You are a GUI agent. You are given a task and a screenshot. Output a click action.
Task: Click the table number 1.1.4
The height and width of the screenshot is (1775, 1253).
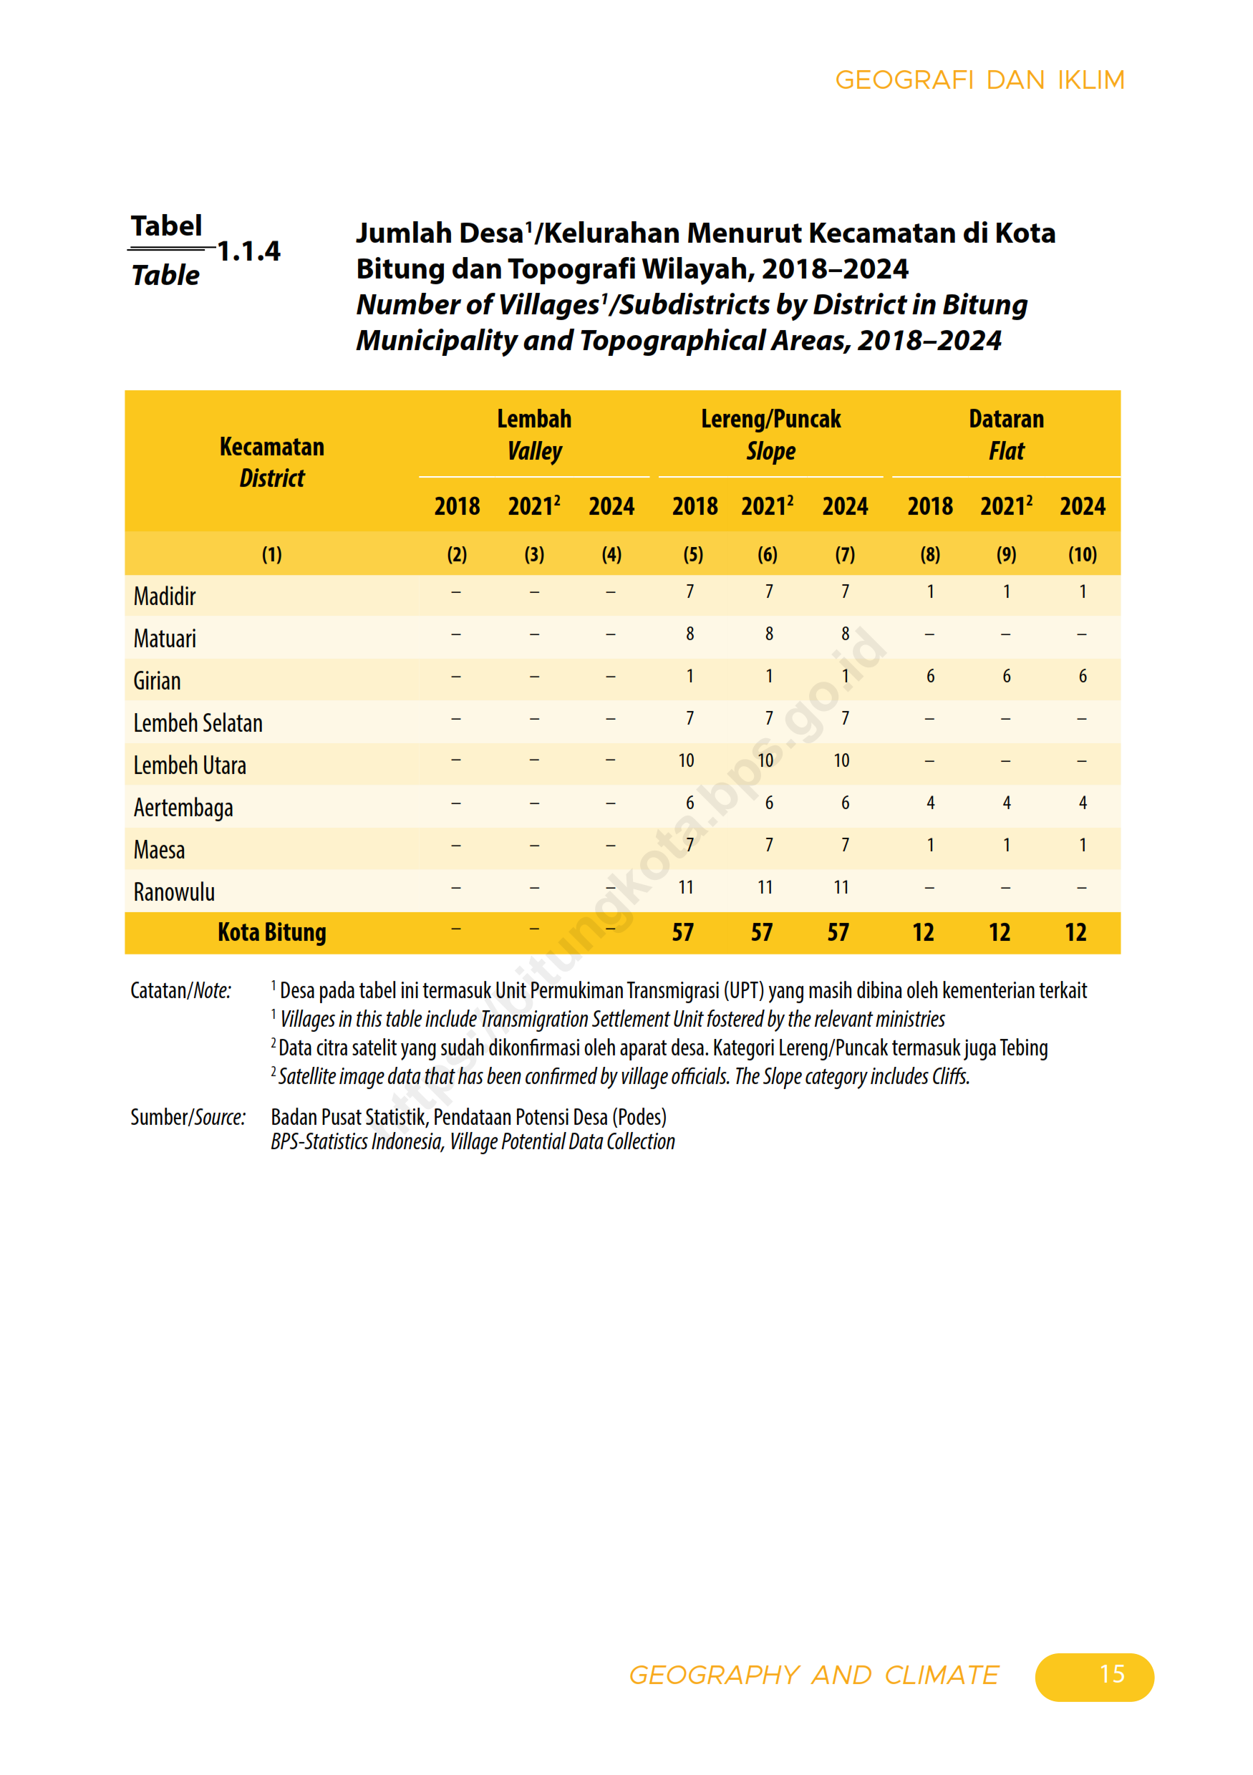tap(248, 251)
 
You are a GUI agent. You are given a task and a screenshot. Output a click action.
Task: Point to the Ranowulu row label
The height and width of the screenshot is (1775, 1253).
tap(174, 892)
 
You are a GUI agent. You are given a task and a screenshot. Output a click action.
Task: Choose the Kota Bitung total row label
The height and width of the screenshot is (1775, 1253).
tap(271, 932)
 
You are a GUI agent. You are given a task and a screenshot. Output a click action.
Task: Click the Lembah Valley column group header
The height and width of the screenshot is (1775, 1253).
tap(534, 435)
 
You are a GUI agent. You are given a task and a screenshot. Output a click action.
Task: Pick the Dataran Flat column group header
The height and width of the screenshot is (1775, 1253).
tap(1006, 435)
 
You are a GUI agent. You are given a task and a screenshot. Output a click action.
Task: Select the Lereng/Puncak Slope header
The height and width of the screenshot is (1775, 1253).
tap(770, 435)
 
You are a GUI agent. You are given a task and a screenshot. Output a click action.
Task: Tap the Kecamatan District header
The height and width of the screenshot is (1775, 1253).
tap(271, 463)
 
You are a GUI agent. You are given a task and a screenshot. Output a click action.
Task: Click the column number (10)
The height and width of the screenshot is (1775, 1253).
tap(1082, 554)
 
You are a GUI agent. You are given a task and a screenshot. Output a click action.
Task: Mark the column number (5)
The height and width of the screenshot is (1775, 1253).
tap(692, 554)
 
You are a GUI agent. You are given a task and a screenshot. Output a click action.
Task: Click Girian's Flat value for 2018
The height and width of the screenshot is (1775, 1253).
tap(930, 677)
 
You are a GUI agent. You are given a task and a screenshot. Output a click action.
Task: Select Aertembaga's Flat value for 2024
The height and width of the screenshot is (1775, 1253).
tap(1082, 803)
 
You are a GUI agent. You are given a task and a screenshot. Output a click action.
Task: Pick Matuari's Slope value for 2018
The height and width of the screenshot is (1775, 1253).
tap(690, 634)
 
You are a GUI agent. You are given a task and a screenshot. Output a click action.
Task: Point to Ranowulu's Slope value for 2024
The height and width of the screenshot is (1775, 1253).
tap(841, 888)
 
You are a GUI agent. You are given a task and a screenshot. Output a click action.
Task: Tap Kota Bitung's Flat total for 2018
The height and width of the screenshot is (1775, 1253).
tap(923, 932)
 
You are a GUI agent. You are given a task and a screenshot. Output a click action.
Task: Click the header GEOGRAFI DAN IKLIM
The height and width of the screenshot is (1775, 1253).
tap(979, 80)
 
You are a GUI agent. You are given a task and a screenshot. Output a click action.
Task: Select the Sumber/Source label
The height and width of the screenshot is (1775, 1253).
tap(188, 1117)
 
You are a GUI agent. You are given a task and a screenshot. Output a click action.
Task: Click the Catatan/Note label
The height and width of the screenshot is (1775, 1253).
tap(181, 990)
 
